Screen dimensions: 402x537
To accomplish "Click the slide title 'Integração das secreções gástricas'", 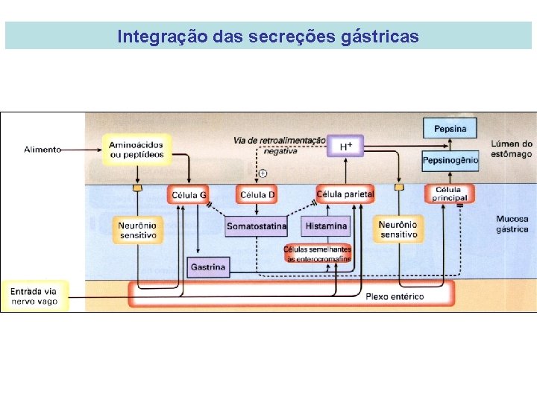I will [268, 36].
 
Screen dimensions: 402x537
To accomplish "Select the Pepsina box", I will [450, 129].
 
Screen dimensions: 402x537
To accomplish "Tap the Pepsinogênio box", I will [450, 160].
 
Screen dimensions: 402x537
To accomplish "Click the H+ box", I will [345, 146].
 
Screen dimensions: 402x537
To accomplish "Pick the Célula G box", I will [189, 195].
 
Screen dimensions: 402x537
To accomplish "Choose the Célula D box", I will [257, 195].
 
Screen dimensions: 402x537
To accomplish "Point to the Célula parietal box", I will [345, 194].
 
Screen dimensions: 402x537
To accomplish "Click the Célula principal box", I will [450, 194].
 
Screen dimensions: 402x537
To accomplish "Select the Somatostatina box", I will [256, 226].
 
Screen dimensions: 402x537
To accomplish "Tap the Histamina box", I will [326, 226].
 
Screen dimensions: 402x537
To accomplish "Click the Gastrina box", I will [208, 266].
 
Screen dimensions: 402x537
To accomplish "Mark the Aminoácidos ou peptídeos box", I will [136, 149].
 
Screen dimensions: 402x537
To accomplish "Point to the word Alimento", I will [43, 150].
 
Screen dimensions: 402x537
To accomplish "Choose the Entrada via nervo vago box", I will [34, 296].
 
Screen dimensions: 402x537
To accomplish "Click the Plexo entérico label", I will [394, 296].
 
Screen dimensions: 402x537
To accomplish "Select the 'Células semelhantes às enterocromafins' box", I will [317, 253].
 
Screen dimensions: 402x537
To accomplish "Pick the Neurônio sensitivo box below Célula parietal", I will [398, 229].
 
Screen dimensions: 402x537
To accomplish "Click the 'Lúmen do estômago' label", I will [512, 149].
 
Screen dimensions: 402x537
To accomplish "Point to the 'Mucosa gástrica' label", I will [512, 224].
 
